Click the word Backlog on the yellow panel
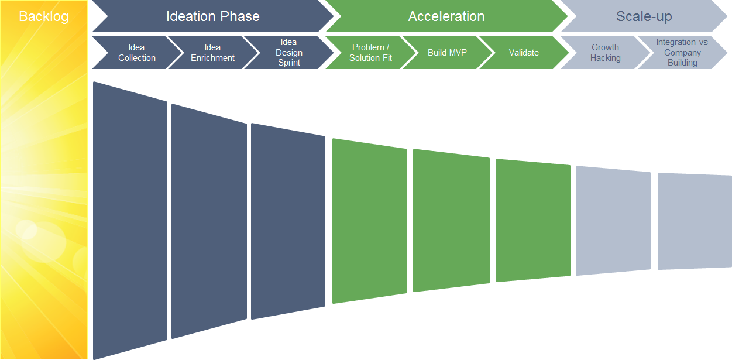[43, 16]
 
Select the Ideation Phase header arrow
[213, 16]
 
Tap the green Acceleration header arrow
[446, 16]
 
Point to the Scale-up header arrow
[644, 16]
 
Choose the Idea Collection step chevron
[136, 53]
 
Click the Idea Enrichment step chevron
[213, 53]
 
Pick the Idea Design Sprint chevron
[289, 53]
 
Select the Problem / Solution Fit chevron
[370, 53]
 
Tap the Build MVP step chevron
[447, 53]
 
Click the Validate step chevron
[524, 53]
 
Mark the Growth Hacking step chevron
[605, 53]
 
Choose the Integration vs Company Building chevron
[682, 53]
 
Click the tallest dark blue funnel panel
[130, 221]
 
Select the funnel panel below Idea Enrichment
[209, 221]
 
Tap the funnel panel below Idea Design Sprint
[288, 221]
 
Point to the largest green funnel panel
[370, 221]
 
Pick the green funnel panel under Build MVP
[451, 221]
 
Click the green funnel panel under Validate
[533, 221]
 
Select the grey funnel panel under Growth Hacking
[613, 221]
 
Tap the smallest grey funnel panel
[695, 221]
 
